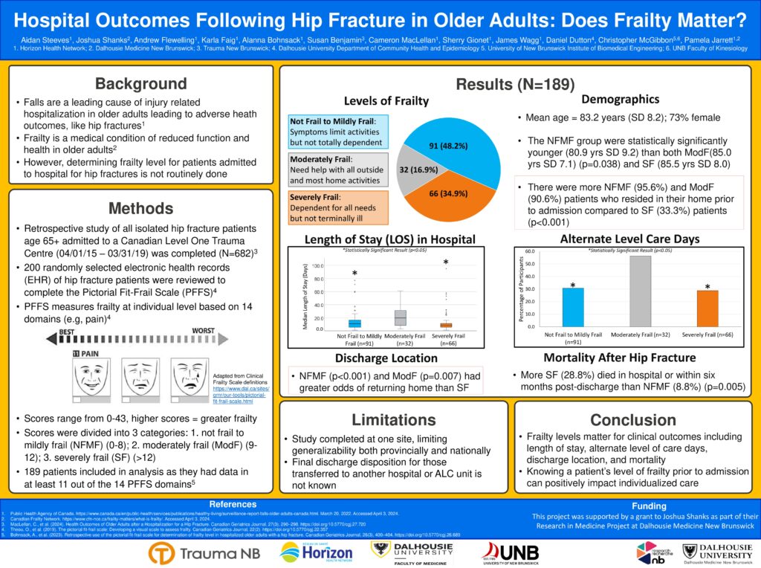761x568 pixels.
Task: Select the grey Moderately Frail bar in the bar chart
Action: pos(640,291)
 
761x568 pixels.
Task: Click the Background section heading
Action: pos(140,83)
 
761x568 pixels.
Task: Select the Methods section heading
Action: pos(140,207)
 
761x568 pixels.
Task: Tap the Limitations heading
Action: pos(393,420)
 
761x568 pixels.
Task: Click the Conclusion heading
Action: pos(633,420)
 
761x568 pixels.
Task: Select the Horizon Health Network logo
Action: pos(318,552)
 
